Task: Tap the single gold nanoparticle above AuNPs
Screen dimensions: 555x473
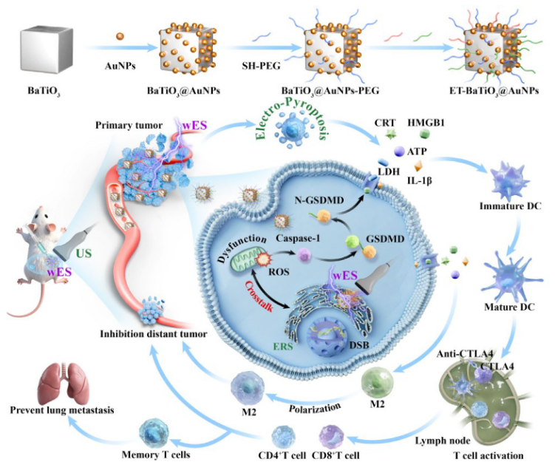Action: tap(120, 36)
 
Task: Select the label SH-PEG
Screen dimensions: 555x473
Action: tap(261, 66)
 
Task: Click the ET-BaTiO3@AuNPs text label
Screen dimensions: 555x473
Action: tap(494, 91)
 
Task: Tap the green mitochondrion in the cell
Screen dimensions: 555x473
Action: tap(245, 262)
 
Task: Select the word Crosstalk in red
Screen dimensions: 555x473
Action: tap(259, 296)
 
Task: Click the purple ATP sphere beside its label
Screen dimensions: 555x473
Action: tap(399, 152)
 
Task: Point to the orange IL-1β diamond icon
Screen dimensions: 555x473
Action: tap(418, 166)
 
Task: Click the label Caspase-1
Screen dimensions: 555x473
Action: tap(298, 238)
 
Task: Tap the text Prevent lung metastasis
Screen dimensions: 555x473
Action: tap(62, 410)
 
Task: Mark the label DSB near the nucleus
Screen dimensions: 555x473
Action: tap(359, 344)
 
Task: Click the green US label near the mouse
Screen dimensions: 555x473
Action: tap(84, 253)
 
